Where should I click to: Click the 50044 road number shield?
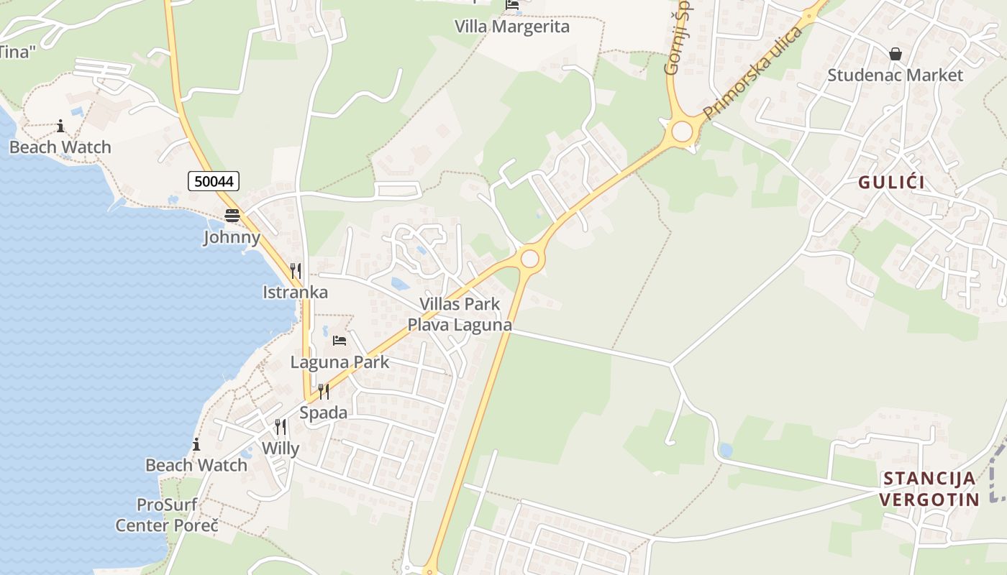(214, 181)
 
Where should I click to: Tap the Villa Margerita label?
(511, 27)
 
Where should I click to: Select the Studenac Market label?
(894, 75)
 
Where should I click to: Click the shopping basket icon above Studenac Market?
(895, 54)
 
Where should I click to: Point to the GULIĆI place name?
(891, 183)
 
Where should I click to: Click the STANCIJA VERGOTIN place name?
(930, 489)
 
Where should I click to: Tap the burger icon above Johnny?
(232, 215)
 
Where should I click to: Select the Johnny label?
(232, 237)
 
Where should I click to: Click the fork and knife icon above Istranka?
(295, 270)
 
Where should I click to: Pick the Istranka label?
(295, 292)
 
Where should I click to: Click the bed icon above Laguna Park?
(340, 340)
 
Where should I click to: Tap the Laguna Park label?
(340, 362)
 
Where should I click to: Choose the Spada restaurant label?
(323, 413)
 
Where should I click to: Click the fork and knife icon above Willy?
(280, 427)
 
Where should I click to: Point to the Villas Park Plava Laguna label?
(460, 314)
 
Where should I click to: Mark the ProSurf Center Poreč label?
(167, 515)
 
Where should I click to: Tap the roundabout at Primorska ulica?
(681, 132)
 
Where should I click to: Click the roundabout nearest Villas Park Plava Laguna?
(530, 258)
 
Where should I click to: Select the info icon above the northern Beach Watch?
(60, 126)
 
